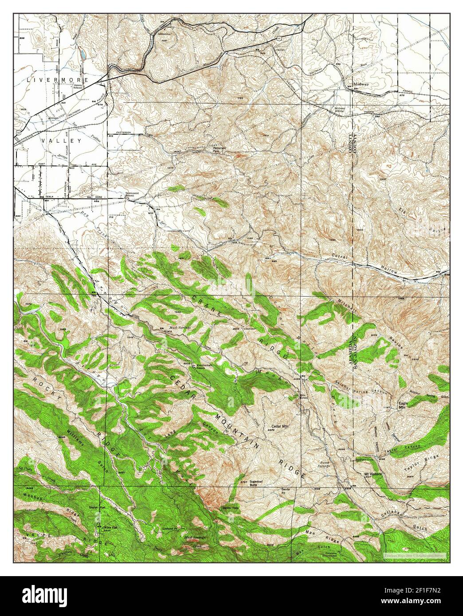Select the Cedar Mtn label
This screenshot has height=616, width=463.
click(279, 429)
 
